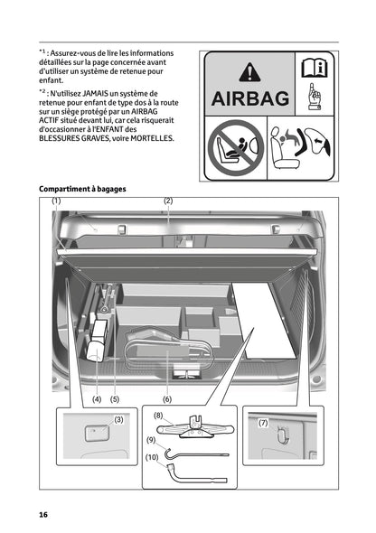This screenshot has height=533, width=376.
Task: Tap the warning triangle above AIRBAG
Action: point(248,70)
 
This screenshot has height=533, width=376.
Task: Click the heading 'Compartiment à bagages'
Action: point(82,189)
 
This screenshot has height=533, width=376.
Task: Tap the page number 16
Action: point(42,514)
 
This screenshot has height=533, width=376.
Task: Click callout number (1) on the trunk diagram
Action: point(56,201)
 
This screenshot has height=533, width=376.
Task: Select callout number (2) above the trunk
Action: point(168,201)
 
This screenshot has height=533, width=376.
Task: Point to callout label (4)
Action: point(96,398)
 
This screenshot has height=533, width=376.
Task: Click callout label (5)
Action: point(115,398)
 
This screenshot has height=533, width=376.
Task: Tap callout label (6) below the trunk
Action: point(167,398)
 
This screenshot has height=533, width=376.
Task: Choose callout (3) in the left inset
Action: point(118,419)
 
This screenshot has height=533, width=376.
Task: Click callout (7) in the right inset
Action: point(264,423)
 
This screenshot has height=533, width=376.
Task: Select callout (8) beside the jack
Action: point(158,416)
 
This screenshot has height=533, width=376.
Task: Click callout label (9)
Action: point(152,440)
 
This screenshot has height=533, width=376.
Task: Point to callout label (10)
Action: point(153,458)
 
